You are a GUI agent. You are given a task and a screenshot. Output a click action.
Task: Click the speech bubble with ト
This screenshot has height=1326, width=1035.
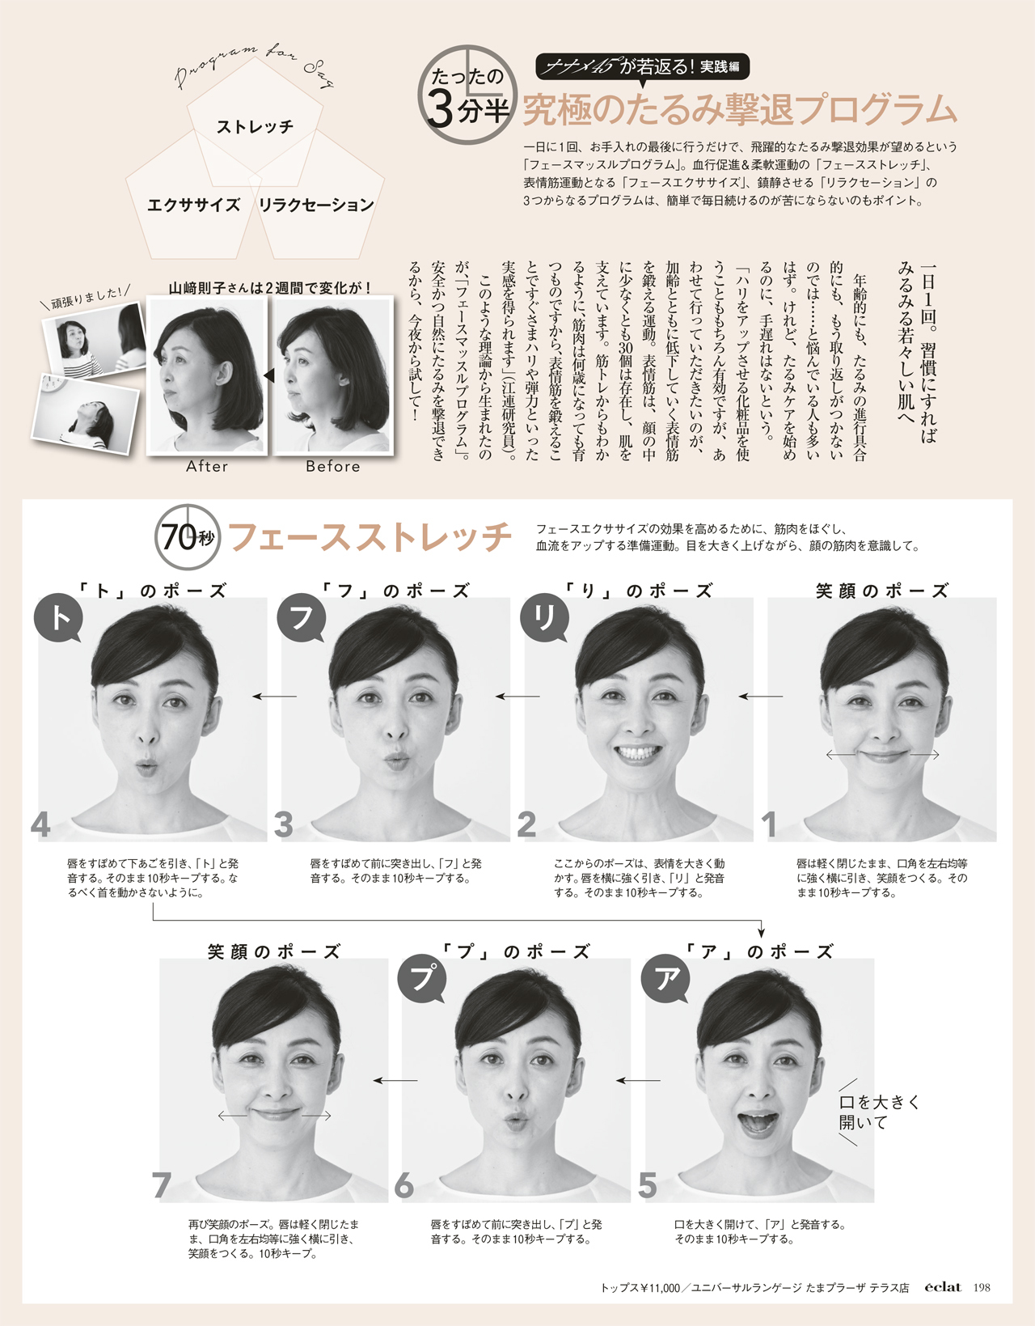pyautogui.click(x=58, y=618)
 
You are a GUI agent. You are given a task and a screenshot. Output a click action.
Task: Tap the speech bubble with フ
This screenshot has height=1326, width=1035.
pyautogui.click(x=302, y=618)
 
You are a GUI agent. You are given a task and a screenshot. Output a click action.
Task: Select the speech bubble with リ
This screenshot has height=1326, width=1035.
pyautogui.click(x=544, y=618)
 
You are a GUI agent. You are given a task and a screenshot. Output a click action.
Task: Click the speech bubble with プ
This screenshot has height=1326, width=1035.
pyautogui.click(x=421, y=979)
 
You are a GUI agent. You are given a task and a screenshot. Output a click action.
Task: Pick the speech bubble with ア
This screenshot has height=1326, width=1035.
pyautogui.click(x=665, y=979)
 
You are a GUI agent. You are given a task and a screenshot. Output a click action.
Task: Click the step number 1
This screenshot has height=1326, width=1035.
pyautogui.click(x=769, y=825)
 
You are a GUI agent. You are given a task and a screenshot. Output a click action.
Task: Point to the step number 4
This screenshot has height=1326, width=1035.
pyautogui.click(x=40, y=825)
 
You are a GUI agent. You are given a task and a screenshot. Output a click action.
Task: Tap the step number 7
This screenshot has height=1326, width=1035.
pyautogui.click(x=162, y=1186)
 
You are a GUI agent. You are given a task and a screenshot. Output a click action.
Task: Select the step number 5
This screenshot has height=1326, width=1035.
pyautogui.click(x=648, y=1186)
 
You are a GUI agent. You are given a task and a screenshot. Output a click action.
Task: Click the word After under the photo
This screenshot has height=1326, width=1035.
pyautogui.click(x=207, y=466)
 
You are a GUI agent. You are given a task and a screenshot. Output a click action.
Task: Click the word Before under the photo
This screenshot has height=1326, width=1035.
pyautogui.click(x=333, y=466)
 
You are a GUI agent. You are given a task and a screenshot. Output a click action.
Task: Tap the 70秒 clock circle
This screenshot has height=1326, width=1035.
pyautogui.click(x=188, y=536)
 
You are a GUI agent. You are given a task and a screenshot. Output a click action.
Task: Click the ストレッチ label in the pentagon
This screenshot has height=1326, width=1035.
pyautogui.click(x=255, y=126)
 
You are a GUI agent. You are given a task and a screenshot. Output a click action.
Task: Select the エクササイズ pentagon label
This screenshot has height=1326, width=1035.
pyautogui.click(x=193, y=205)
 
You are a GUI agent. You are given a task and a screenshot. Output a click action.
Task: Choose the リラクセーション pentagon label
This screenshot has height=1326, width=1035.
pyautogui.click(x=316, y=205)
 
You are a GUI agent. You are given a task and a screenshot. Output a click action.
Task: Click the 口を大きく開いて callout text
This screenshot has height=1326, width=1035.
pyautogui.click(x=878, y=1112)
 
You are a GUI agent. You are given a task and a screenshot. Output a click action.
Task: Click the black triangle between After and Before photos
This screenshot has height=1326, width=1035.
pyautogui.click(x=269, y=376)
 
